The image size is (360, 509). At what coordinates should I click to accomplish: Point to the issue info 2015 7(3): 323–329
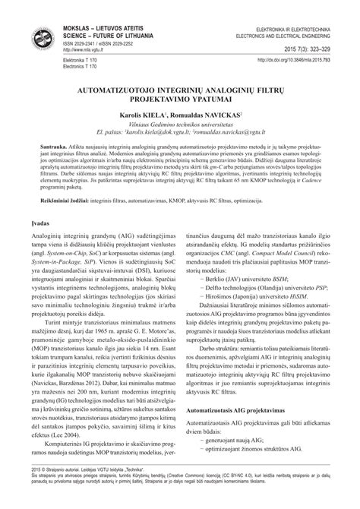tap(313, 48)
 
